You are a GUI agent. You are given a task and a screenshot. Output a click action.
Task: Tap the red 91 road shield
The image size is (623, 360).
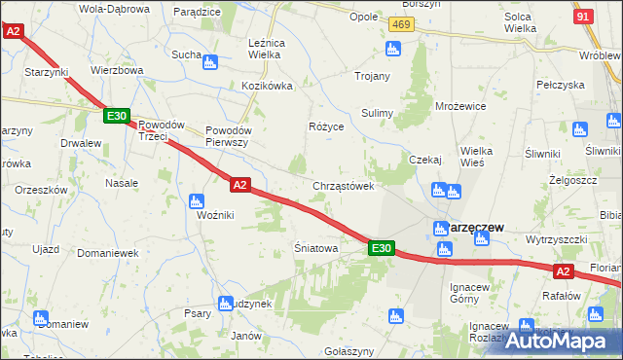(584, 17)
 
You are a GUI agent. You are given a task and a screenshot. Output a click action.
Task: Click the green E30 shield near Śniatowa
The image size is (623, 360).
(383, 249)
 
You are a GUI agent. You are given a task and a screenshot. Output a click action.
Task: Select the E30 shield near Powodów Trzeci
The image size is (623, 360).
(116, 117)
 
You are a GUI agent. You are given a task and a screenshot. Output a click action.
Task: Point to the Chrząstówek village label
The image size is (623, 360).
(344, 186)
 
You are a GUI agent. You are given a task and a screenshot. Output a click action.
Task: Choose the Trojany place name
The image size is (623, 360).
(373, 76)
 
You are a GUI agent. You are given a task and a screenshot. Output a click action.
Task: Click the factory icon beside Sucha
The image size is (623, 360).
(210, 63)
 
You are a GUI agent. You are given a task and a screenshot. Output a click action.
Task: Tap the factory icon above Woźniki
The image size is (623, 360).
(195, 202)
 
